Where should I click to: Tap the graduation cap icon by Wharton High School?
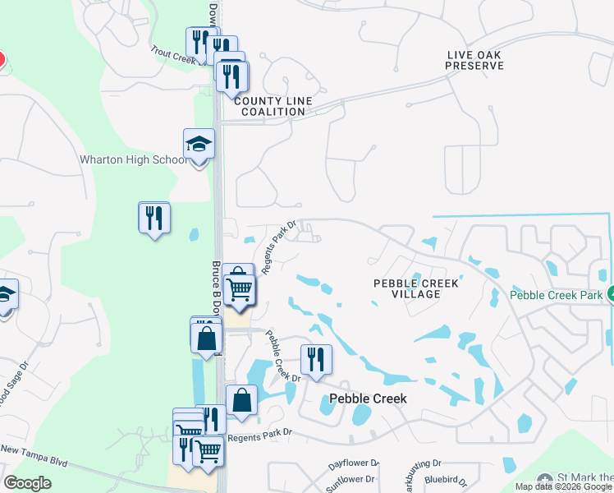(199, 145)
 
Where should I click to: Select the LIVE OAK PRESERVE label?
(474, 60)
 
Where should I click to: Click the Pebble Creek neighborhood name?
(368, 399)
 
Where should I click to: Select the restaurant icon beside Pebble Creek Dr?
(316, 358)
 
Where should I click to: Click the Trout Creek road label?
(172, 54)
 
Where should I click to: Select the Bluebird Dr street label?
(444, 479)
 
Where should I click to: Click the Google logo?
(28, 482)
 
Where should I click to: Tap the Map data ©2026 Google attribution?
(563, 486)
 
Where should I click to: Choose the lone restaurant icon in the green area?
(154, 218)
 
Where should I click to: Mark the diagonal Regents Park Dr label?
(279, 247)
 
